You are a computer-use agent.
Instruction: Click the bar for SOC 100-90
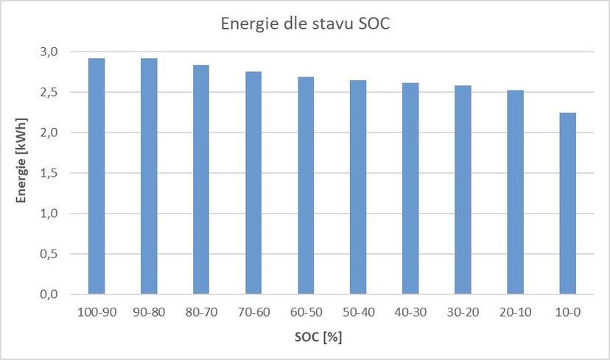[97, 177]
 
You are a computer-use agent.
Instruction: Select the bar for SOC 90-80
[149, 177]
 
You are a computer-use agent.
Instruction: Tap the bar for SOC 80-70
[201, 180]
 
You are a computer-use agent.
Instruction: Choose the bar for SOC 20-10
[515, 192]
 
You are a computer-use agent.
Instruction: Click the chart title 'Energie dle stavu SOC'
[304, 24]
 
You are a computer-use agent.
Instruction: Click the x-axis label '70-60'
[253, 312]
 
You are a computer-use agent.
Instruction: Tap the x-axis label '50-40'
[358, 312]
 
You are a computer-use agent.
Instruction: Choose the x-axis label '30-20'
[463, 312]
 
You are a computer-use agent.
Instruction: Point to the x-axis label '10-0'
[567, 312]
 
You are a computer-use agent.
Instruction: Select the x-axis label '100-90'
[97, 312]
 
